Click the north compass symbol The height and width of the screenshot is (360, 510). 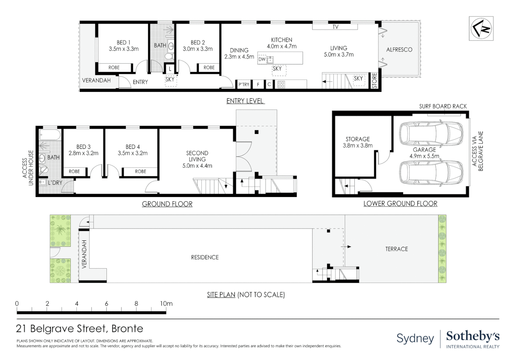coord(481,29)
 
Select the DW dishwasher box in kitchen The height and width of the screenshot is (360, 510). coord(262,59)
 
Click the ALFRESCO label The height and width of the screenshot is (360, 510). coord(399,50)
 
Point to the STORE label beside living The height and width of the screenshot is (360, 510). coord(374,81)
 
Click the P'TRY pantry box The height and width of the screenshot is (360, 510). coord(244,85)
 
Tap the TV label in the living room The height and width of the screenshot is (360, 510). coord(335,27)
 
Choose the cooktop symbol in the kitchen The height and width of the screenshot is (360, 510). coord(281,85)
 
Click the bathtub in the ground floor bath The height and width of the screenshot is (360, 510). coord(50,135)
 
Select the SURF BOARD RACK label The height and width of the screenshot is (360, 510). coord(443,106)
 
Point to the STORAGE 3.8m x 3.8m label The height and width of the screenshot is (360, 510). coord(357,142)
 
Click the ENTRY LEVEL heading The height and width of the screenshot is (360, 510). coord(245,101)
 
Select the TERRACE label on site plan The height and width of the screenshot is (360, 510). coord(397,249)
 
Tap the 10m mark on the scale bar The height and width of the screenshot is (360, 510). coord(166,304)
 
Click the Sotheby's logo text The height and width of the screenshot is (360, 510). coord(473,336)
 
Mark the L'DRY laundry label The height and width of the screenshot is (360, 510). coord(55,183)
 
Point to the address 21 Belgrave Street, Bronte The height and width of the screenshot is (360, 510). coord(79,329)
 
